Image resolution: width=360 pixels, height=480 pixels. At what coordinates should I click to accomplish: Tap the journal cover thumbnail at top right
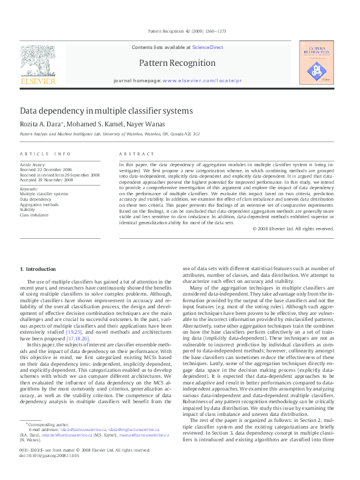(x=316, y=62)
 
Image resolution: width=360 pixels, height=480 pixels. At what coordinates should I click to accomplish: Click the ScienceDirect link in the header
(x=208, y=47)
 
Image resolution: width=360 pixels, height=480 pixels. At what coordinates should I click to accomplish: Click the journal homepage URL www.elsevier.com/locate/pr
(x=201, y=80)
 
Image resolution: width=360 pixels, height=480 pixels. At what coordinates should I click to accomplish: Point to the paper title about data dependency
(x=106, y=111)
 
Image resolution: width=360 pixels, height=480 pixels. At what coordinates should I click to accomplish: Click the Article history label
(x=33, y=164)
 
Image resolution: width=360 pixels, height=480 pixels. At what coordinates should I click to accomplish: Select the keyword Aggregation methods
(x=39, y=204)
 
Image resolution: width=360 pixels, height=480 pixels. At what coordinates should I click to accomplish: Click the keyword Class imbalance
(x=34, y=215)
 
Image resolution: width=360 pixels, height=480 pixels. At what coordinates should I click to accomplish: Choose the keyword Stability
(x=28, y=210)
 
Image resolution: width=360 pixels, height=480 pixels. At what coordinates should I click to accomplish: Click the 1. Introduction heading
(x=39, y=268)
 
